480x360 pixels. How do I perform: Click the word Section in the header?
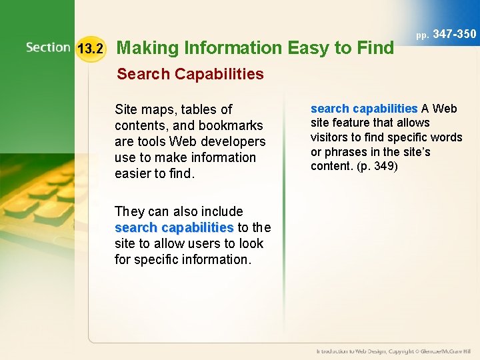48,47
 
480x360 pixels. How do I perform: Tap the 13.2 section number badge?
91,48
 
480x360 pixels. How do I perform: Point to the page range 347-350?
455,34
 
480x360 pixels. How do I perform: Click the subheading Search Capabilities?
190,74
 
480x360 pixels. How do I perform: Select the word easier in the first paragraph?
137,173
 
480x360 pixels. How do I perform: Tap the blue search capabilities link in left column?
174,227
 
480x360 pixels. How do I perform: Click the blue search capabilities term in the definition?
364,108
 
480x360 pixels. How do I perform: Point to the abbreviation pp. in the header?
423,35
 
